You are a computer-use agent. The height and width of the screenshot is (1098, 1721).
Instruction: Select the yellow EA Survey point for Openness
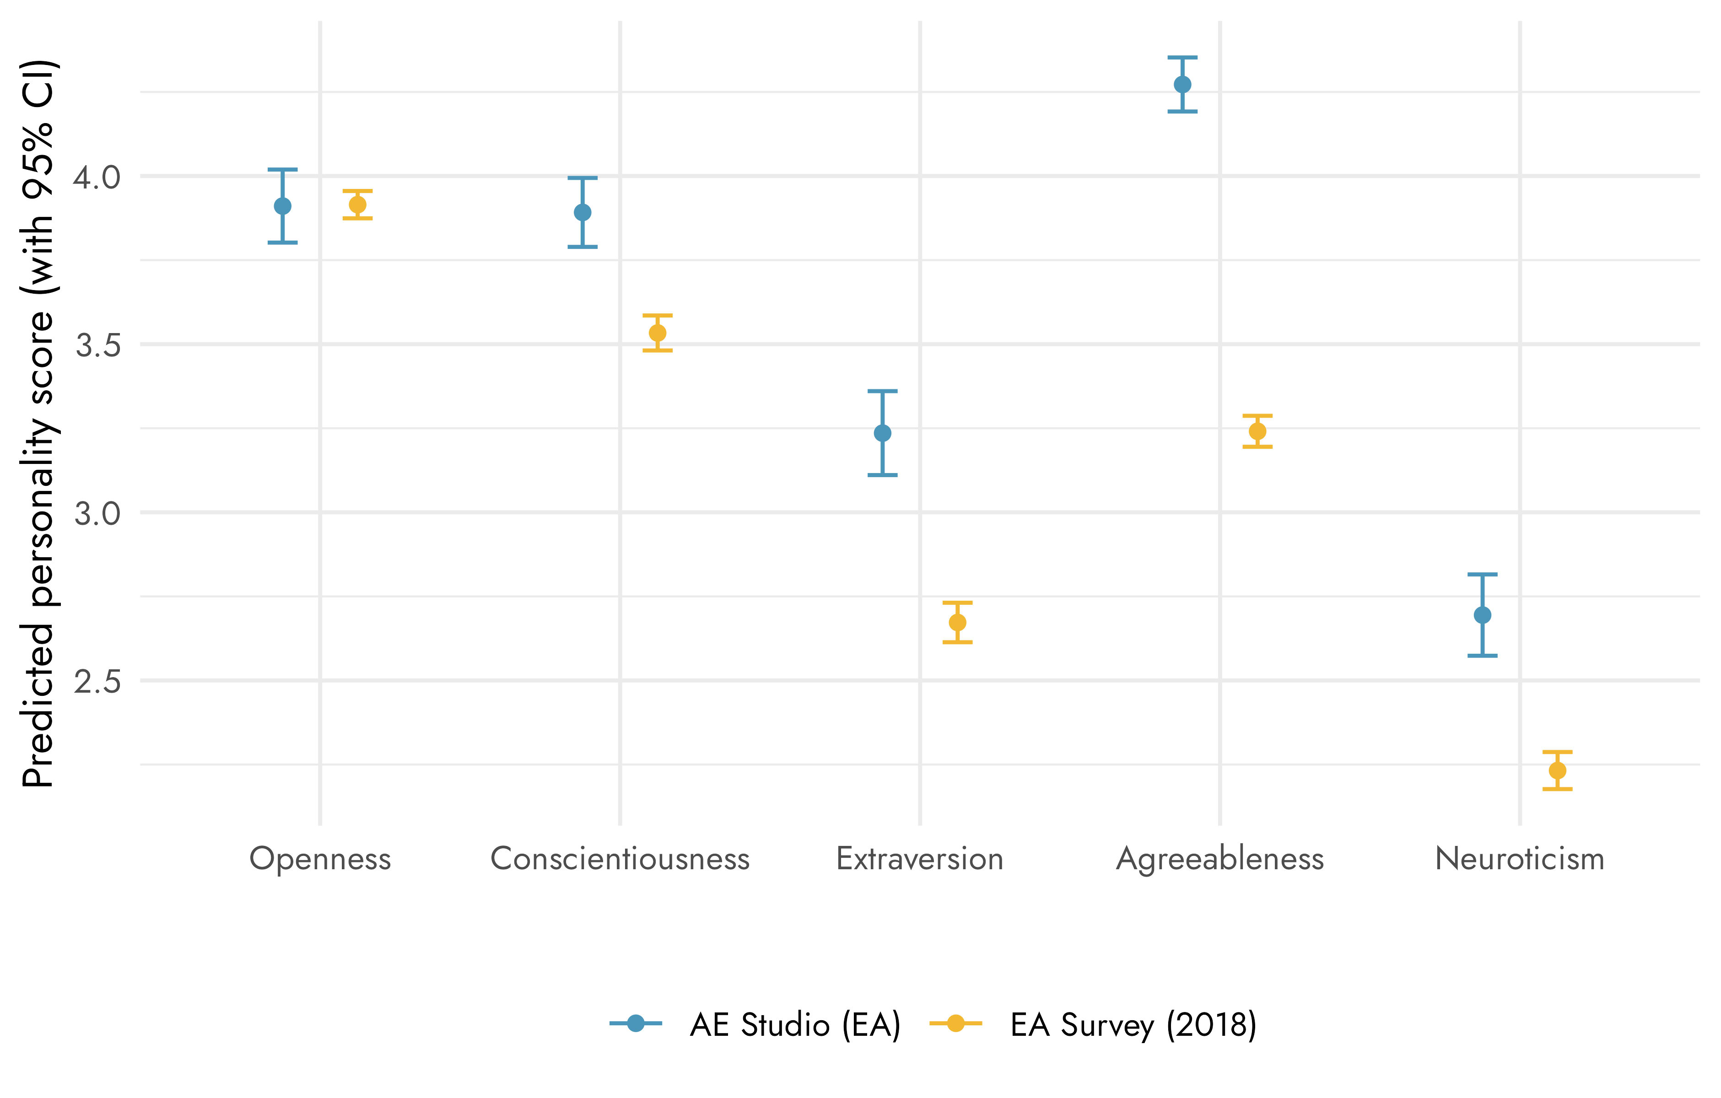[357, 205]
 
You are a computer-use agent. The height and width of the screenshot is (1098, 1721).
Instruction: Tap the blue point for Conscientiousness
[583, 212]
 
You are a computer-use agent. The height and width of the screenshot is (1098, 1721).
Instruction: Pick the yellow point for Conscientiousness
[658, 333]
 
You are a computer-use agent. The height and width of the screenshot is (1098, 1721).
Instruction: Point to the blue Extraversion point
[883, 433]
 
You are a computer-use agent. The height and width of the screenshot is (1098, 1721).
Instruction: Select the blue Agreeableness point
[1183, 84]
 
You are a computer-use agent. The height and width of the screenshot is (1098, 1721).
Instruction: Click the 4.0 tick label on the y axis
[97, 177]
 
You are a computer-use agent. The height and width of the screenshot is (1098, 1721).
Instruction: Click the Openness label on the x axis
[320, 859]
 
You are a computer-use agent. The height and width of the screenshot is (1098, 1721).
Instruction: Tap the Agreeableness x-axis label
[1220, 859]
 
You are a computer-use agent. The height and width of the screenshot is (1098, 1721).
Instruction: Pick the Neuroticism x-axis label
[1520, 859]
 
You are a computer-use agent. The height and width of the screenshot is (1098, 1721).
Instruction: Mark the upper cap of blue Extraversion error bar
[883, 392]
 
